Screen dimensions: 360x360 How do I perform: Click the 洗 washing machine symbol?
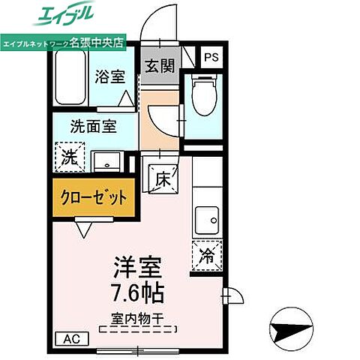[x=68, y=158]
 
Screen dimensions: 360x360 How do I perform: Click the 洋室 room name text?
[x=137, y=267]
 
